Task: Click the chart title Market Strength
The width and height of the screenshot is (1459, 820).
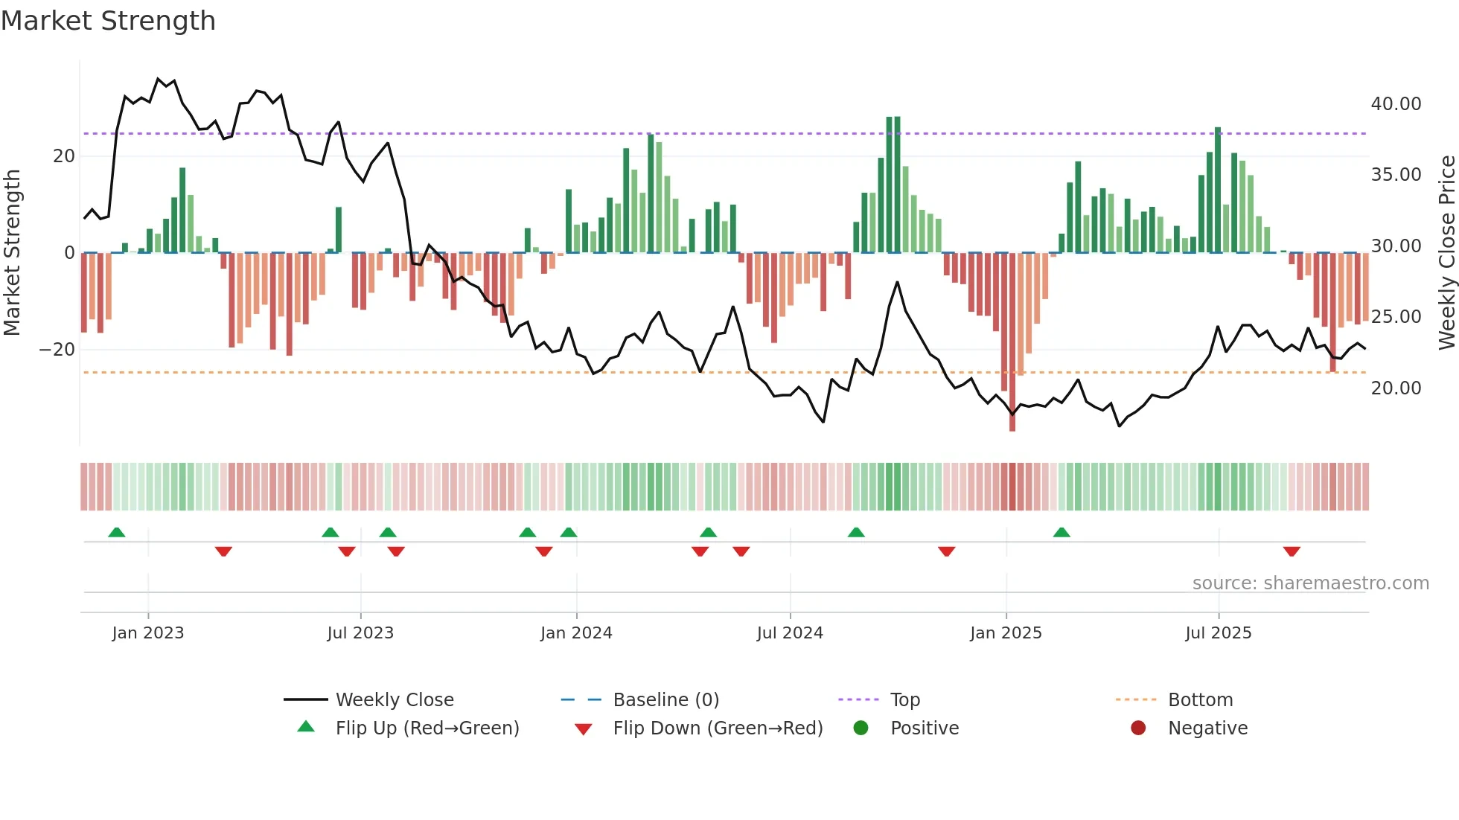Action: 108,21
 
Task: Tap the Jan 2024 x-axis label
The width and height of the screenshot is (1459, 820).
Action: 576,633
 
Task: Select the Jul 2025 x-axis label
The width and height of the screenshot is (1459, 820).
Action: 1218,633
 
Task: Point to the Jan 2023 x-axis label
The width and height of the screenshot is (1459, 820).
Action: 147,633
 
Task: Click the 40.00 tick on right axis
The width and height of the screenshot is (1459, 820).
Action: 1396,104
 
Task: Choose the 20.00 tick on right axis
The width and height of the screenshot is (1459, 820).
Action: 1396,388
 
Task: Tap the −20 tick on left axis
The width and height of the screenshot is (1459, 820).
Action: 57,350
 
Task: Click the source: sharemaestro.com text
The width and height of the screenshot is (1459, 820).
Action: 1310,583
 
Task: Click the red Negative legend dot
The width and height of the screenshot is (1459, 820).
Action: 1138,728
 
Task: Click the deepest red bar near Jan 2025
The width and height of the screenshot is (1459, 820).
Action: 1012,342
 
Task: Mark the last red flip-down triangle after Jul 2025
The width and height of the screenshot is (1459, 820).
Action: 1292,551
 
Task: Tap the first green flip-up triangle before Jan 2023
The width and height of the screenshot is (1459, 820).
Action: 116,532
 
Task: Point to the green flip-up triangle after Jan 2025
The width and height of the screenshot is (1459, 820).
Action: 1061,532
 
